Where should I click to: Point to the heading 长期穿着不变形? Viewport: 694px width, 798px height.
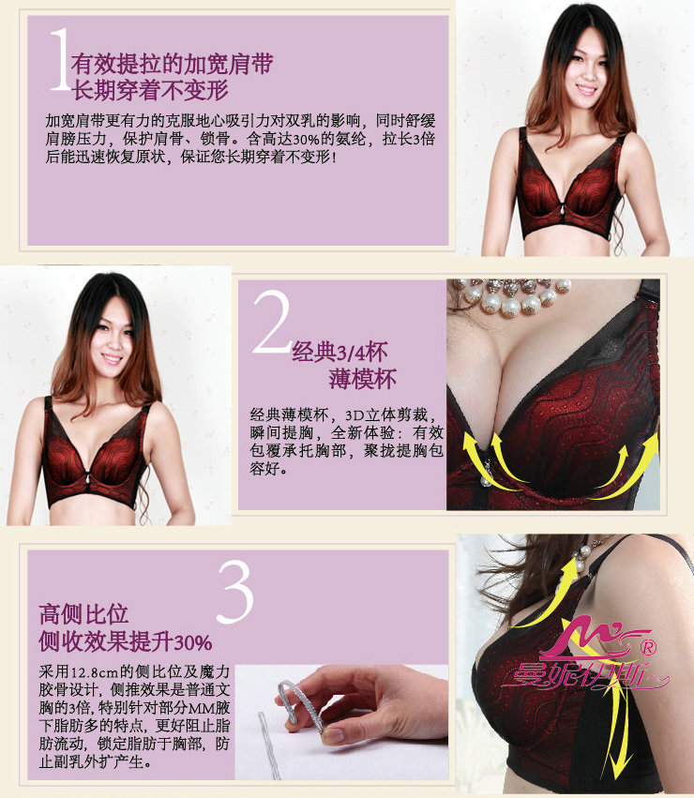pos(157,92)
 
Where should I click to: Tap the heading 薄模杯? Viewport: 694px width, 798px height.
pos(362,380)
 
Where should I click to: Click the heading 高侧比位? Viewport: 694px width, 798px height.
pos(83,615)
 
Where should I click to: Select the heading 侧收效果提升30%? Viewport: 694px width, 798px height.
pos(125,642)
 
